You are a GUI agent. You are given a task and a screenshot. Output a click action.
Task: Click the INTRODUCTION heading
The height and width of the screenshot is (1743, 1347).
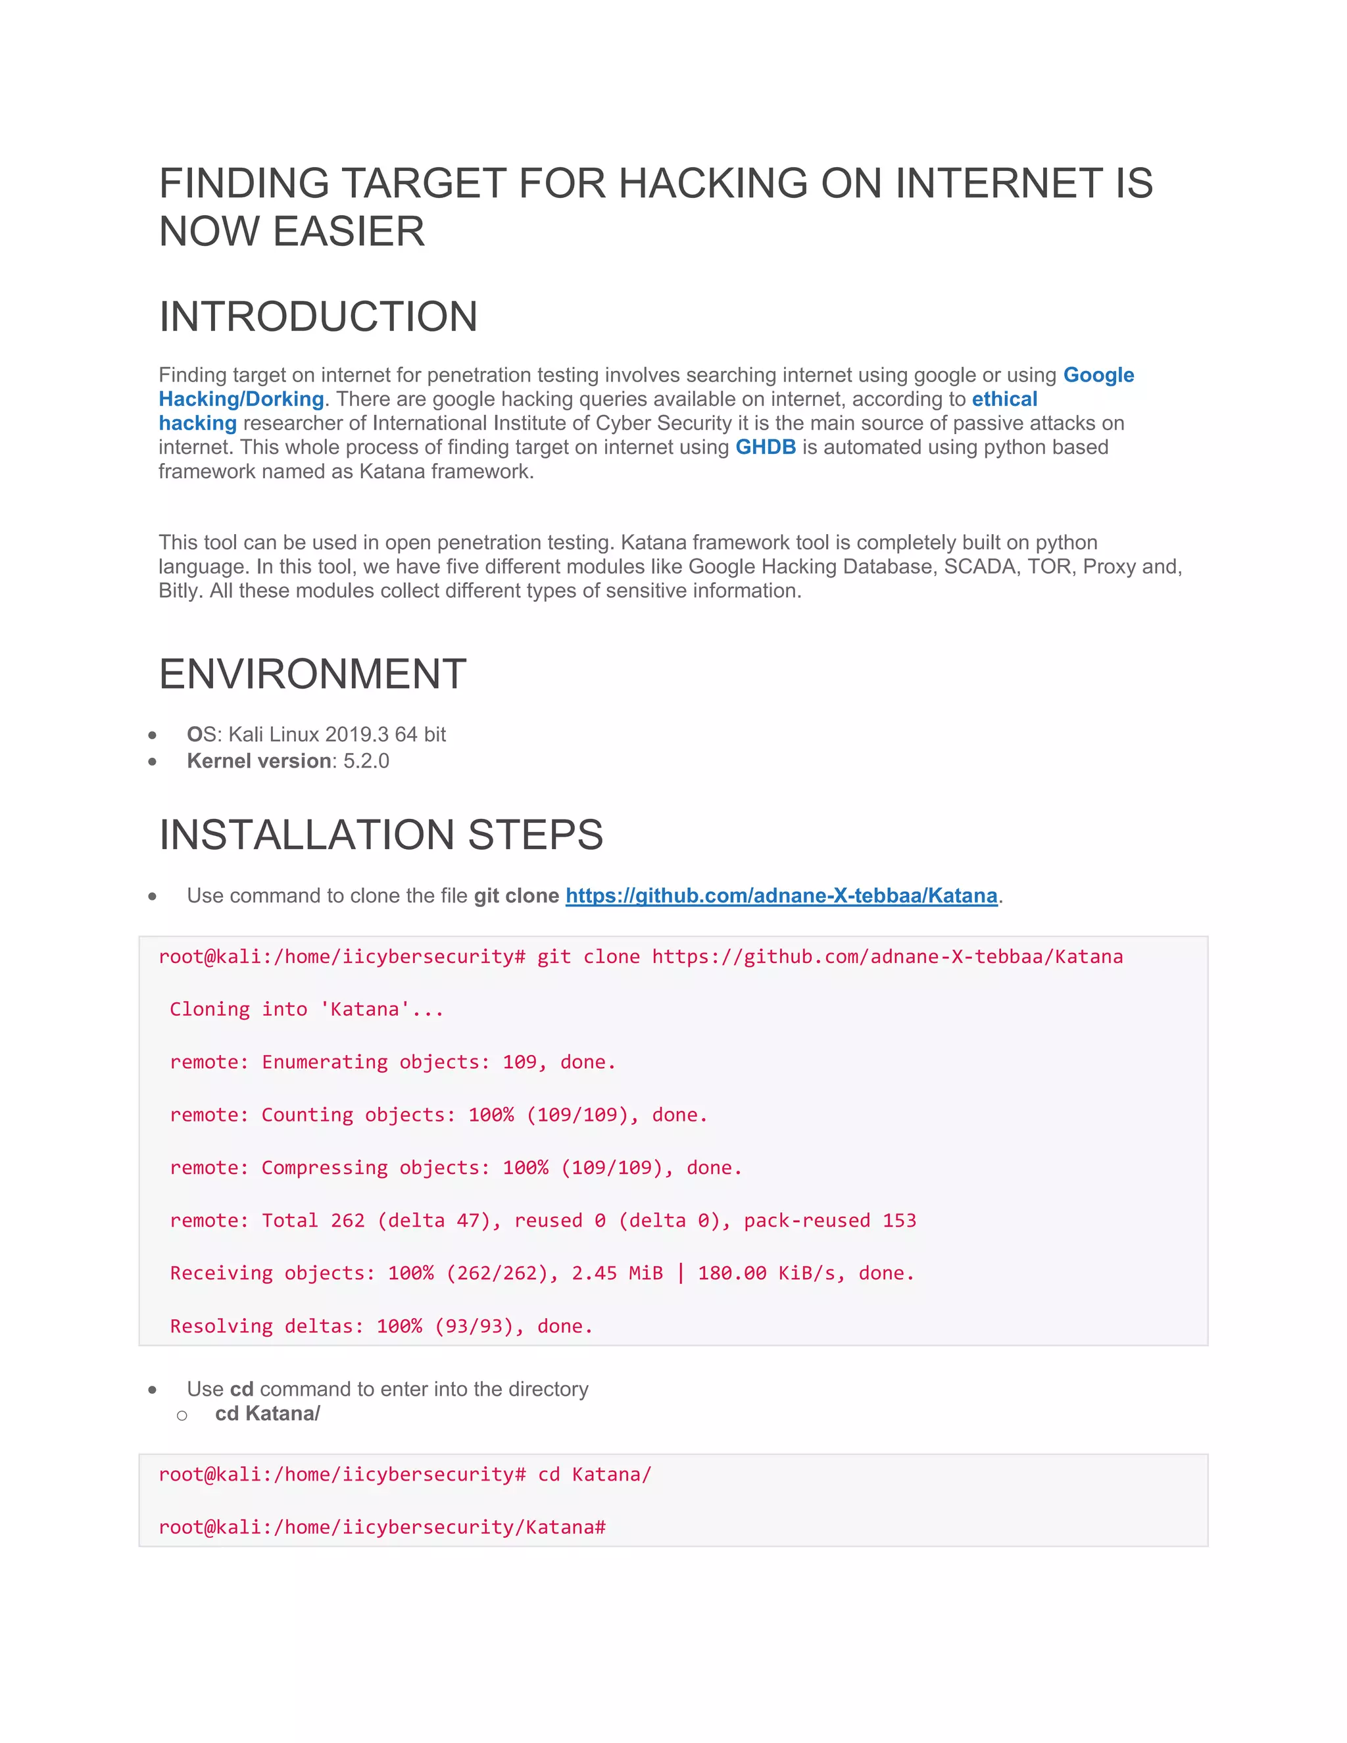coord(318,317)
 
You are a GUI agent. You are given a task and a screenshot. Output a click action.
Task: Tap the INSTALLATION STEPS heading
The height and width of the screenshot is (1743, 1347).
coord(381,835)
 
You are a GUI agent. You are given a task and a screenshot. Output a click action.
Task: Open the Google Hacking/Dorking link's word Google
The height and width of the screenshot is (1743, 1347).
coord(1098,375)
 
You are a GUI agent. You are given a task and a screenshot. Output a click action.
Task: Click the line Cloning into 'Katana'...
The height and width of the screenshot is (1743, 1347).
coord(306,1010)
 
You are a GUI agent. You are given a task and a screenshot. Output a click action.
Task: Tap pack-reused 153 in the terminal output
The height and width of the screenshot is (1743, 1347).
coord(830,1220)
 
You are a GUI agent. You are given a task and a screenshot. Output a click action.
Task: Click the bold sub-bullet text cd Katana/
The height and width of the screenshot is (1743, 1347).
coord(267,1413)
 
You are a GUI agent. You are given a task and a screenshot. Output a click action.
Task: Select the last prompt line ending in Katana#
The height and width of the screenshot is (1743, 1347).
coord(382,1527)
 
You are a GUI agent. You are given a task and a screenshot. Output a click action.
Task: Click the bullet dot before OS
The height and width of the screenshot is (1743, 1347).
coord(153,735)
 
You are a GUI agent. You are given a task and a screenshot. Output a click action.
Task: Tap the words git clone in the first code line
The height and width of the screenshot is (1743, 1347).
coord(588,957)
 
